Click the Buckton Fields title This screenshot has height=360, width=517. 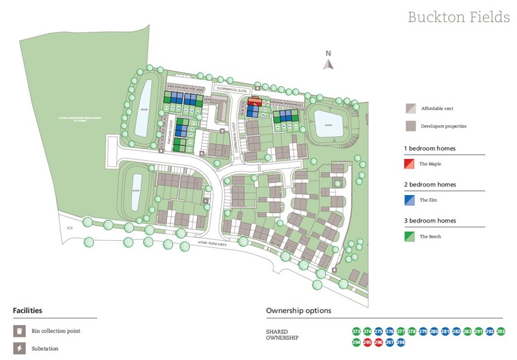pyautogui.click(x=458, y=17)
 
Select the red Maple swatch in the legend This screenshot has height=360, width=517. pyautogui.click(x=409, y=164)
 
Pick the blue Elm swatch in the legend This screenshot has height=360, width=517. pyautogui.click(x=409, y=200)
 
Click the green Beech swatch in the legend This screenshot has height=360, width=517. pyautogui.click(x=409, y=236)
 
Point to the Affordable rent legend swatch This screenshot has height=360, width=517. pyautogui.click(x=409, y=109)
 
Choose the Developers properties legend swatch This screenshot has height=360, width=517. pyautogui.click(x=409, y=126)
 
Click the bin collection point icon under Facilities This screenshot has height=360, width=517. pyautogui.click(x=19, y=331)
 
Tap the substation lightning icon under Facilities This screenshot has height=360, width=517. pyautogui.click(x=19, y=349)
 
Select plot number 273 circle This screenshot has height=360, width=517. pyautogui.click(x=356, y=331)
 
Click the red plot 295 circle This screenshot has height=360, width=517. pyautogui.click(x=367, y=342)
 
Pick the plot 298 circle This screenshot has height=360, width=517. pyautogui.click(x=400, y=342)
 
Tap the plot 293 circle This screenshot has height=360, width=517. pyautogui.click(x=501, y=331)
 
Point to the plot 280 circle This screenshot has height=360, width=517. pyautogui.click(x=434, y=331)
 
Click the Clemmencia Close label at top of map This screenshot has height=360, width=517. pyautogui.click(x=229, y=89)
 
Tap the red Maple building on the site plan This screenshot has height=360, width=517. pyautogui.click(x=255, y=102)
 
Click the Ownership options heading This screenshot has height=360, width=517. pyautogui.click(x=298, y=310)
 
